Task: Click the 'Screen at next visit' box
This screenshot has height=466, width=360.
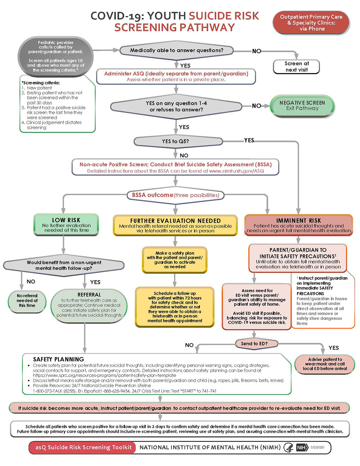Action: click(x=297, y=67)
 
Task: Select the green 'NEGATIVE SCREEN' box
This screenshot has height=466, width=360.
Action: click(x=302, y=106)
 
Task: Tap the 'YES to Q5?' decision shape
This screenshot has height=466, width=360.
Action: click(x=175, y=142)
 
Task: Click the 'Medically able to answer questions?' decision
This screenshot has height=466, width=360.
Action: click(x=176, y=51)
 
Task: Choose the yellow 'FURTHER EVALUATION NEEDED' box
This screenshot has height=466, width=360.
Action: click(x=175, y=225)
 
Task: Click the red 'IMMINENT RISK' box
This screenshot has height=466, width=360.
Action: click(x=298, y=225)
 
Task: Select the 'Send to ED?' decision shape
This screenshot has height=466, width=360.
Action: click(x=255, y=344)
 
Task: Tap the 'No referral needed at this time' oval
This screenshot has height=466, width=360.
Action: click(x=27, y=300)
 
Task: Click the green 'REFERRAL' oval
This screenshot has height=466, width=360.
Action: click(x=89, y=305)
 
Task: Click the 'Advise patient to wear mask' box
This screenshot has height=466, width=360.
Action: click(x=325, y=364)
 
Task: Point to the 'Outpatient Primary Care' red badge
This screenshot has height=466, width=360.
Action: click(x=311, y=23)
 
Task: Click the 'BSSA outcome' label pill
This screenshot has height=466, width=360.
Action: click(x=175, y=195)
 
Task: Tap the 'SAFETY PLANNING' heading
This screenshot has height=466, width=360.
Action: click(x=59, y=359)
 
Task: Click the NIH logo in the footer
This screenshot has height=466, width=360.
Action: click(x=301, y=447)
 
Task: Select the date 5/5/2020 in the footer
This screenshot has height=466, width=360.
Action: click(x=318, y=447)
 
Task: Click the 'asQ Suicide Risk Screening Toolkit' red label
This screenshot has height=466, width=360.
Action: click(x=83, y=447)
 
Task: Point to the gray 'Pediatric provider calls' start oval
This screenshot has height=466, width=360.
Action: click(x=56, y=56)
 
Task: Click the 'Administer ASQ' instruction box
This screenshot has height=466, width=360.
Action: click(x=176, y=76)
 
